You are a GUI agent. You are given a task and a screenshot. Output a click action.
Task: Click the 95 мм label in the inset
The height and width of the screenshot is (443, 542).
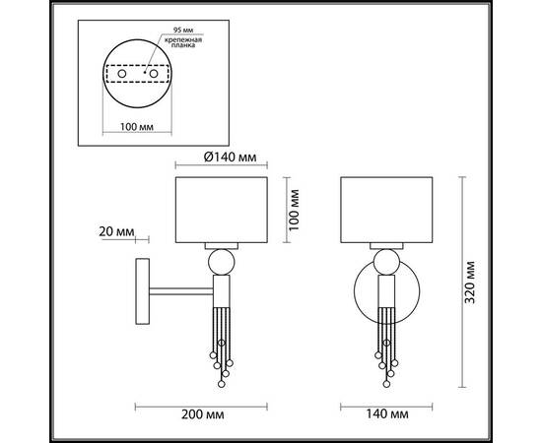[x=183, y=31]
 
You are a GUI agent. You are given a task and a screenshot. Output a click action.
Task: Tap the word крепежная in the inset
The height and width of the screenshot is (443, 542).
[x=183, y=39]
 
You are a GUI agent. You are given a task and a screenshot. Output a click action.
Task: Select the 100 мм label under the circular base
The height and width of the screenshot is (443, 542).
[x=137, y=127]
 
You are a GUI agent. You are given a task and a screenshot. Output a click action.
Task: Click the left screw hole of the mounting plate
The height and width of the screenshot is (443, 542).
[x=121, y=73]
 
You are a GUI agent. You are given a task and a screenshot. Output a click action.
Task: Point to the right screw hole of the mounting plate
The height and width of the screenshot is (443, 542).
[x=154, y=73]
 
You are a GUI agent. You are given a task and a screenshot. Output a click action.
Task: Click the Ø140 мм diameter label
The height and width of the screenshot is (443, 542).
[x=231, y=158]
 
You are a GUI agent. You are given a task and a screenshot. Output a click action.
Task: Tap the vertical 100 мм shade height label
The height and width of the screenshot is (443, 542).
[x=294, y=210]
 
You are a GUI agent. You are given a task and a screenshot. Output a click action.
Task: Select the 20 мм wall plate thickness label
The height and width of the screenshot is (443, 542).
[x=116, y=231]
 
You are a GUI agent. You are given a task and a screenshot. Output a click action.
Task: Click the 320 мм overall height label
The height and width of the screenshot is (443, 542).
[x=470, y=283]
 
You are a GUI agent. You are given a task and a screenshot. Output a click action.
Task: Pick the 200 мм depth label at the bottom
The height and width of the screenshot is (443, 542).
[x=203, y=414]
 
